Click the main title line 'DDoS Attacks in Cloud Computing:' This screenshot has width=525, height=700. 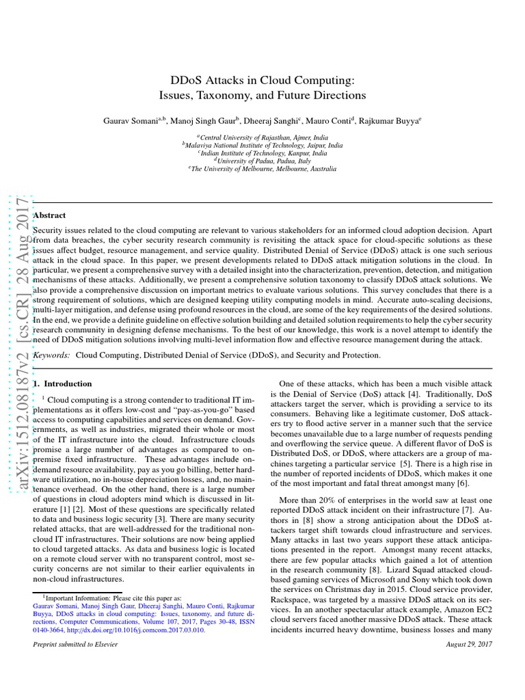coord(262,79)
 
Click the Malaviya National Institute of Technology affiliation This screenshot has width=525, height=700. coord(262,145)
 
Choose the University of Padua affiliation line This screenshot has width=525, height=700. coord(262,161)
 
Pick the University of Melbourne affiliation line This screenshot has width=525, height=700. coord(262,169)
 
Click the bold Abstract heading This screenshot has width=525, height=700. coord(49,215)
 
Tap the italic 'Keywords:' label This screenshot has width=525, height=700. coord(52,355)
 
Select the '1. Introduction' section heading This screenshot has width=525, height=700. coord(62,384)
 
